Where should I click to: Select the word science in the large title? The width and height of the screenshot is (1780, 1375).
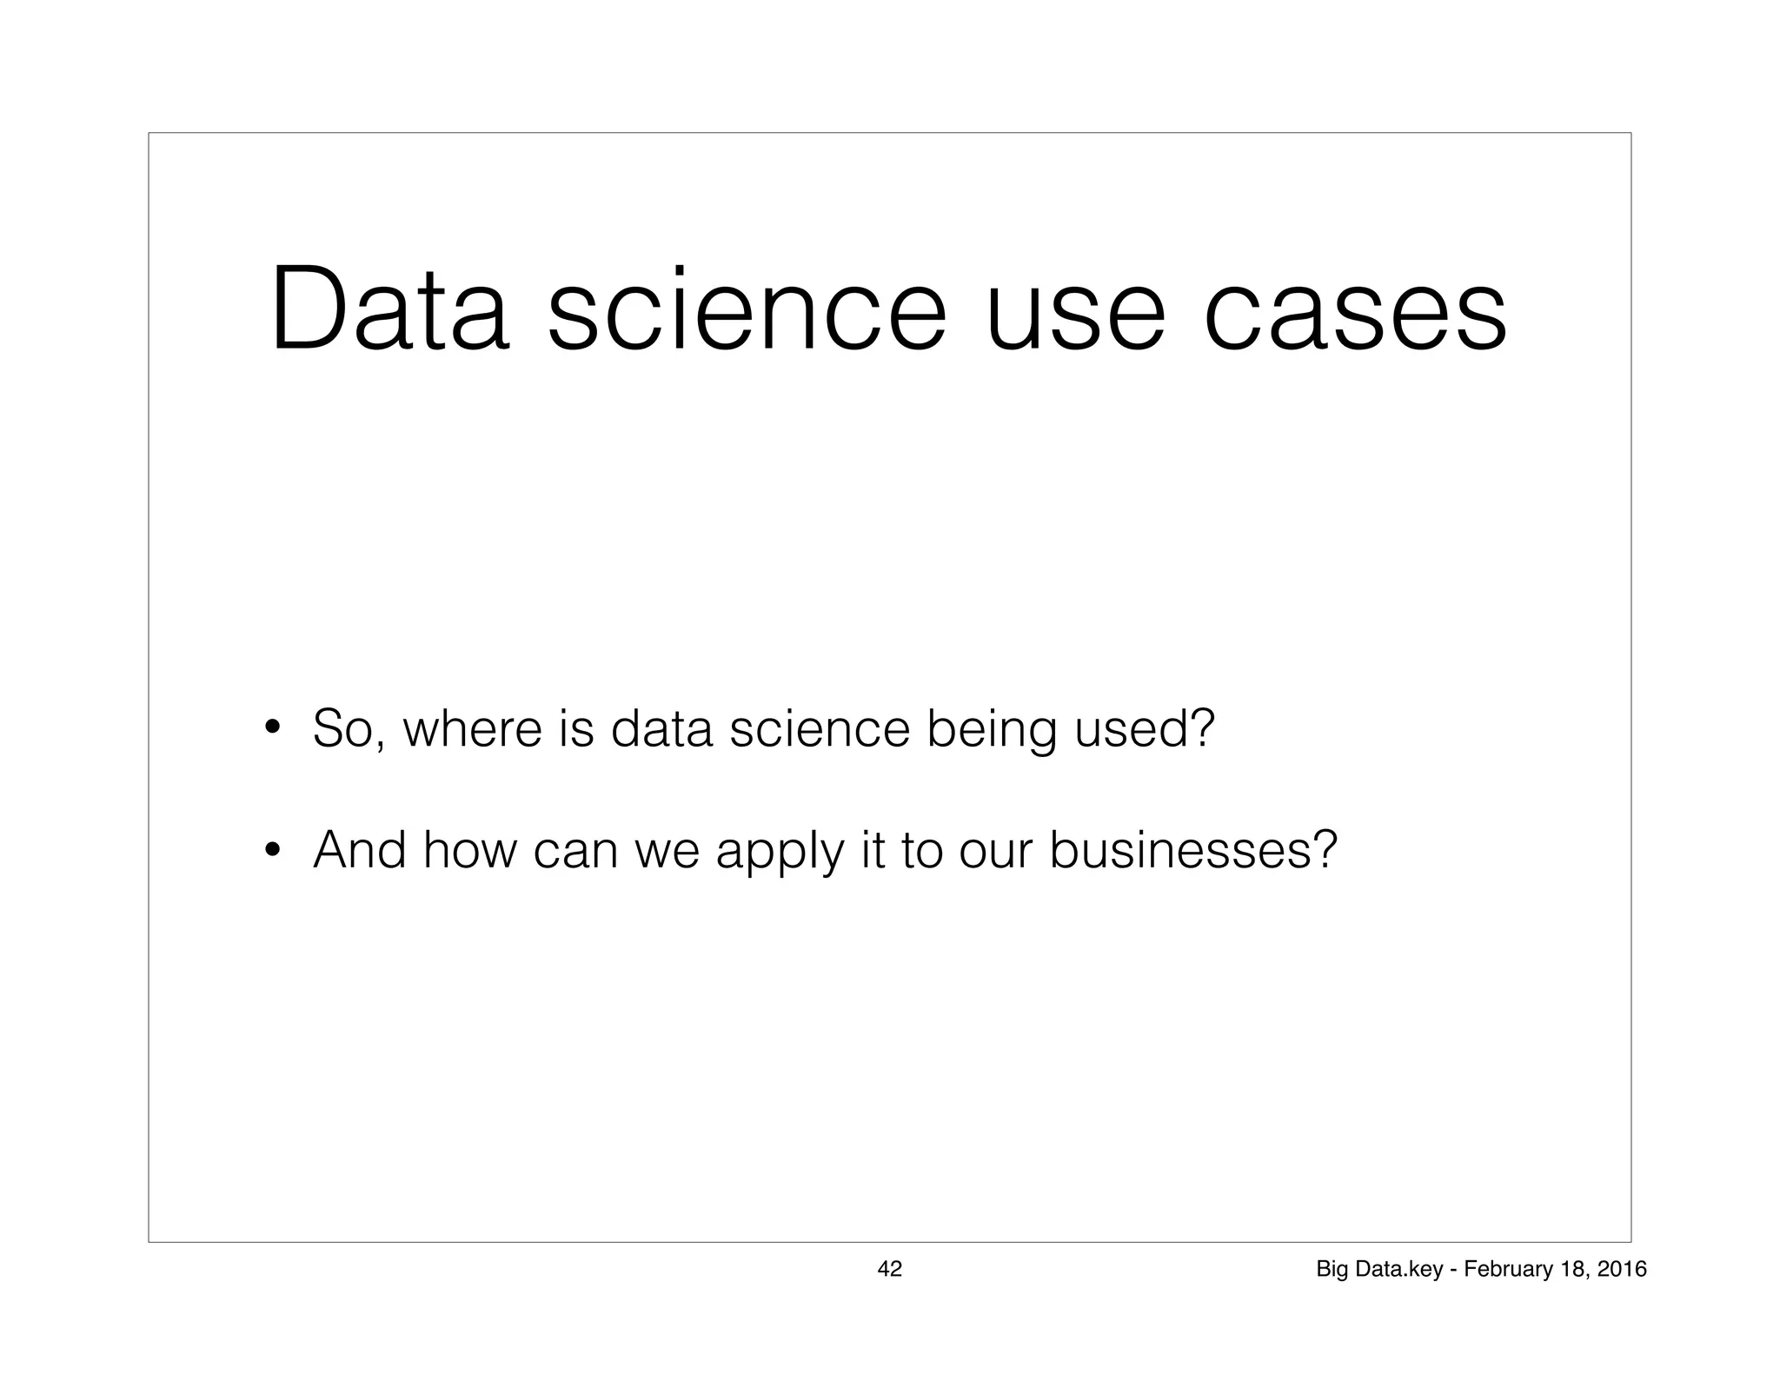[x=746, y=310]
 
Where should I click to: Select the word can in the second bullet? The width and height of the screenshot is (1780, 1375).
[x=576, y=852]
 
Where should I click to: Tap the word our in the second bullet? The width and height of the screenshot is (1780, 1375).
[x=994, y=852]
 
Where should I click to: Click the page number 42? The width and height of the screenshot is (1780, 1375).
[x=889, y=1269]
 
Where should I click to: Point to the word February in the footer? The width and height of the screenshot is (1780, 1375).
[x=1502, y=1270]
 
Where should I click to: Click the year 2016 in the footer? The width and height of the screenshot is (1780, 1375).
[x=1621, y=1269]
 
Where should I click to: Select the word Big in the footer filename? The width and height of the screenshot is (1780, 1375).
[x=1332, y=1270]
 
